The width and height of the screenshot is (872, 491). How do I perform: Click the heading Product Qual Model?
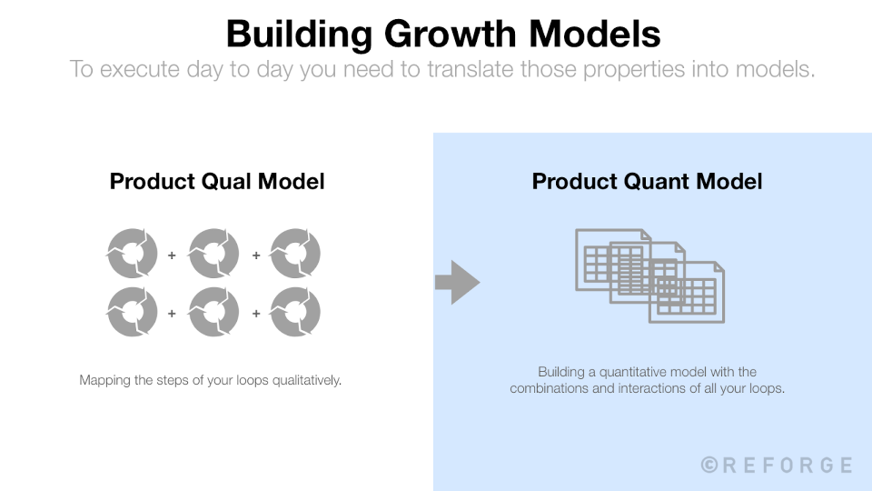217,181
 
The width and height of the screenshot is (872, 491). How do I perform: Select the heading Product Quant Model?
647,181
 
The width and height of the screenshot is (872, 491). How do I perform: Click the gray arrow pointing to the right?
457,283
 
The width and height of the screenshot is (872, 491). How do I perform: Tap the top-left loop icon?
132,254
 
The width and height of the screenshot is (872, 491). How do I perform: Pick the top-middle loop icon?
213,254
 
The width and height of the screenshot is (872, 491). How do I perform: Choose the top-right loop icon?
295,254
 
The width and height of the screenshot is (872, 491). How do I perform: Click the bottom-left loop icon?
132,312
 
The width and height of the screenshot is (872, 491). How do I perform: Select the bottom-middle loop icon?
213,312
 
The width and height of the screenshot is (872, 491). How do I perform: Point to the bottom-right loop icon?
295,312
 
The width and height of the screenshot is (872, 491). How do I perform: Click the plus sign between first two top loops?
173,256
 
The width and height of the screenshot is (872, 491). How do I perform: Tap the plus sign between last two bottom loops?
255,313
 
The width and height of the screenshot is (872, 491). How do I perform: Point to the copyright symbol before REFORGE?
709,466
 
